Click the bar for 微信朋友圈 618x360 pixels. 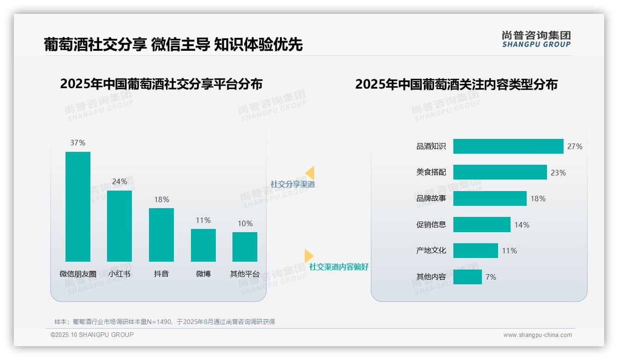coord(78,206)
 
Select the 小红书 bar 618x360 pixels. coord(119,226)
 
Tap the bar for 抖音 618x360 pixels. coord(161,234)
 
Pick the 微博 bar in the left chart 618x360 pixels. coord(203,245)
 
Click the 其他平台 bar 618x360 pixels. coord(245,246)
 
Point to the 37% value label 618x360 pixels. coord(78,143)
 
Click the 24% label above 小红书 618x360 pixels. coord(119,181)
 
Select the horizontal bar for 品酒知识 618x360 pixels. coord(508,146)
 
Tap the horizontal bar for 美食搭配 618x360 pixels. coord(500,172)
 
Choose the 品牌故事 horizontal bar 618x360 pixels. coord(490,198)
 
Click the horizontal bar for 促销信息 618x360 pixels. coord(482,225)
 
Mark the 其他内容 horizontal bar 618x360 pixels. coord(468,277)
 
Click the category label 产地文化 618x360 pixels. coord(431,251)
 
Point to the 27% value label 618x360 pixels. coord(575,146)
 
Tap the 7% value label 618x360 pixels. coord(491,277)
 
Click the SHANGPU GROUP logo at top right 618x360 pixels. coord(536,39)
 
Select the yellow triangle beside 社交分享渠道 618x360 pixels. coord(310,173)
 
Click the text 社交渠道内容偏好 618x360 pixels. coord(339,267)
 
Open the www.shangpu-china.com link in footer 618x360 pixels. coord(537,335)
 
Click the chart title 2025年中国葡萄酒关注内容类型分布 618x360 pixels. coord(456,84)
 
